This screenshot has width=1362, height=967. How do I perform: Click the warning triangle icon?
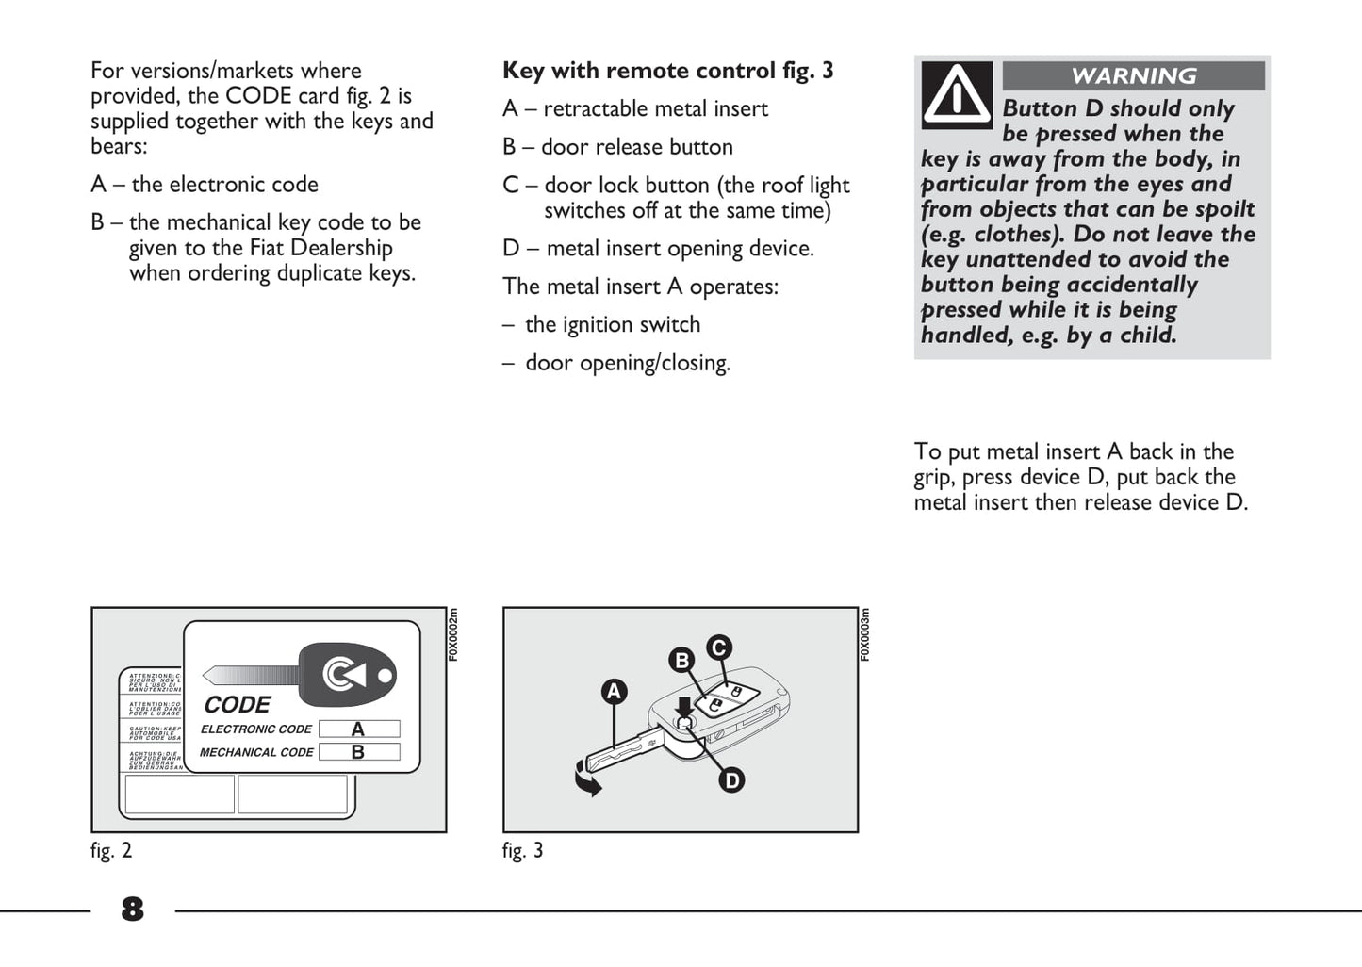click(957, 94)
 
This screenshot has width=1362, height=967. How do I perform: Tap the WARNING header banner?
click(1133, 76)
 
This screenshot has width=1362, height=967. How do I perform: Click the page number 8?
click(132, 910)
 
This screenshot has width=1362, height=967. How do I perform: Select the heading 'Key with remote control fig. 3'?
click(667, 71)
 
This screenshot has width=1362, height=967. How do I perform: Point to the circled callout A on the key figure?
click(615, 692)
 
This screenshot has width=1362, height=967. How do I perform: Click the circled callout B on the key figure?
click(681, 660)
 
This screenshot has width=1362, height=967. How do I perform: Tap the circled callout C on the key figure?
click(719, 647)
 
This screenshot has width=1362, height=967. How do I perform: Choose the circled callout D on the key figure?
click(731, 780)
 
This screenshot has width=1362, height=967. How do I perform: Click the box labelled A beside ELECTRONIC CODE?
click(358, 729)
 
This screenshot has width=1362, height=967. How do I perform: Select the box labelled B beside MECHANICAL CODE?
click(358, 752)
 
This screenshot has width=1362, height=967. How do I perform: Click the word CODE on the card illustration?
click(238, 705)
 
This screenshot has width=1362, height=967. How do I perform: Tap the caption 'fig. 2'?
click(111, 850)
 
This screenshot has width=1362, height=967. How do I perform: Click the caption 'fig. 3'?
click(522, 850)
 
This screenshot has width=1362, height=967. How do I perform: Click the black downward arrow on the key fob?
click(684, 705)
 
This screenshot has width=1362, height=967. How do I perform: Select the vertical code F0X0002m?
click(453, 634)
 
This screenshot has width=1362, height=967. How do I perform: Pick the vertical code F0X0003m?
click(865, 634)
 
